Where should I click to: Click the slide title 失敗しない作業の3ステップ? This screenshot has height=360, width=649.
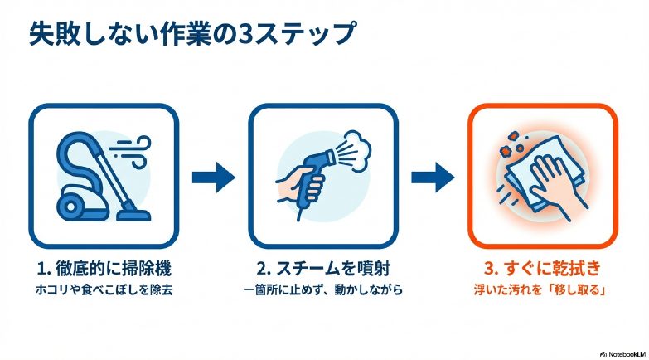(x=191, y=34)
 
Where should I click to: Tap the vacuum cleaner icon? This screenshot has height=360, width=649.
(x=99, y=176)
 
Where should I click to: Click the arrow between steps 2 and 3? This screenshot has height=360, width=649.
(x=433, y=176)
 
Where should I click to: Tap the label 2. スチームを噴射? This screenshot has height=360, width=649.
(x=323, y=270)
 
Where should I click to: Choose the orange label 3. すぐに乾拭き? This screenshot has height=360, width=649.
(x=544, y=270)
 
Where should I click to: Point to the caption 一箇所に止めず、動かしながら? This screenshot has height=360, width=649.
(x=323, y=291)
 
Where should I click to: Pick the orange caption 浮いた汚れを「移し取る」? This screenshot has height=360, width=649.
(x=544, y=291)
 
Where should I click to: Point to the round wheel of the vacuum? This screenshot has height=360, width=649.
(x=70, y=202)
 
